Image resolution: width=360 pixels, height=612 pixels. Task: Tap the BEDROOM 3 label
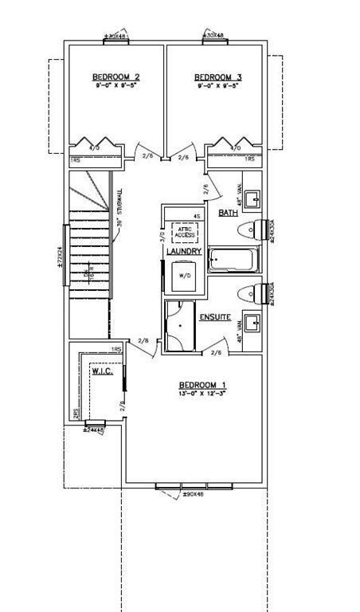click(217, 77)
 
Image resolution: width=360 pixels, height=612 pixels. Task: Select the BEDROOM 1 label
click(203, 384)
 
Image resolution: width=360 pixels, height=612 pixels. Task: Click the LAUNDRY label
click(182, 252)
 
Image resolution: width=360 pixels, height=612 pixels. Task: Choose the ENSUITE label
click(215, 317)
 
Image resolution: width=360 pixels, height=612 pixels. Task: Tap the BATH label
click(229, 213)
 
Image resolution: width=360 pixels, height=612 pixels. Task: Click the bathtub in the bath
click(233, 260)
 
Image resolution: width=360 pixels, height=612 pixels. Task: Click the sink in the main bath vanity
click(253, 198)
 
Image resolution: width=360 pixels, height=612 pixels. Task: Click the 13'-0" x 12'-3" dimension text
click(203, 394)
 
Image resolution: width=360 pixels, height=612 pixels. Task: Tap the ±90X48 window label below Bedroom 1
click(193, 495)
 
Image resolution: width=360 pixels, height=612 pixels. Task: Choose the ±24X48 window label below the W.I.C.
click(94, 430)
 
